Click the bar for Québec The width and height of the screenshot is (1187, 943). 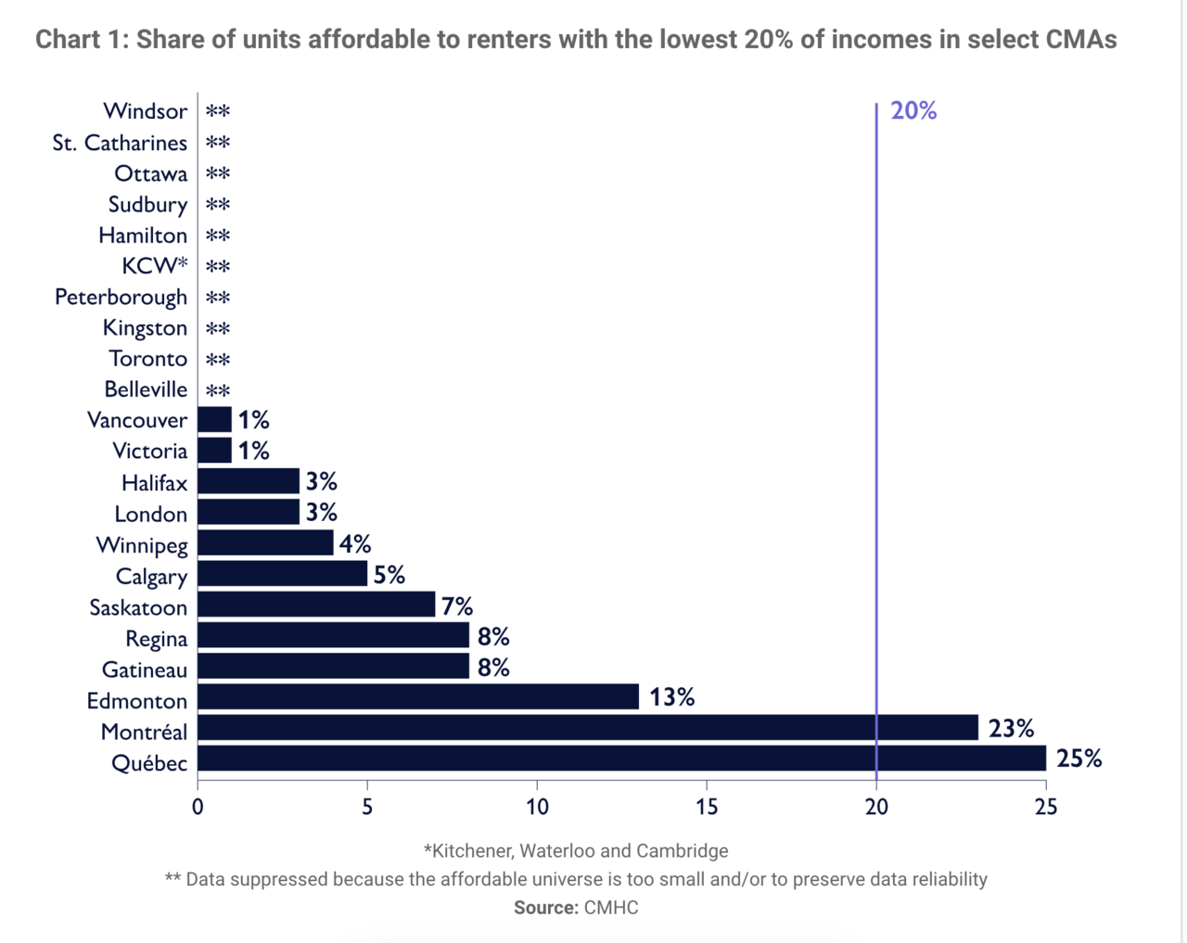click(x=621, y=758)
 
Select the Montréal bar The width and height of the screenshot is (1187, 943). click(x=588, y=727)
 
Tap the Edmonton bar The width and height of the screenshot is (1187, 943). click(x=418, y=696)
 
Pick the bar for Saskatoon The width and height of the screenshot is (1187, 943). click(x=316, y=604)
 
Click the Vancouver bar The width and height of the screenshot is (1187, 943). click(x=214, y=420)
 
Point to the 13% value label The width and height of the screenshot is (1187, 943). click(x=671, y=697)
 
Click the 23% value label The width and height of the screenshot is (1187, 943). click(x=1011, y=729)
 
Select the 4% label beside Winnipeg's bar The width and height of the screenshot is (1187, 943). click(x=355, y=544)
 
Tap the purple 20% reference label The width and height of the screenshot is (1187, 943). click(x=913, y=111)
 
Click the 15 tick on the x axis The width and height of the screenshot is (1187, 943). click(x=707, y=808)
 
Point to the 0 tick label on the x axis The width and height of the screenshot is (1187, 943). click(x=198, y=808)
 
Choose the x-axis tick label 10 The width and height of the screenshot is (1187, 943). click(x=537, y=808)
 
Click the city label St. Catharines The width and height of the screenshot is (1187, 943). click(x=120, y=143)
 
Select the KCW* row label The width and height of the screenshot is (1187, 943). click(x=155, y=266)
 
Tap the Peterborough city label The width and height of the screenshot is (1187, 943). click(x=121, y=298)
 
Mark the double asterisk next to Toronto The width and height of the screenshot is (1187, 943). click(x=218, y=360)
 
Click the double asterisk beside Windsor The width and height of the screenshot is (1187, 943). click(x=218, y=111)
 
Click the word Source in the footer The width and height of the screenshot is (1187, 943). click(x=546, y=908)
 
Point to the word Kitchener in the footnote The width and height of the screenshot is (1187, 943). click(x=469, y=851)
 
